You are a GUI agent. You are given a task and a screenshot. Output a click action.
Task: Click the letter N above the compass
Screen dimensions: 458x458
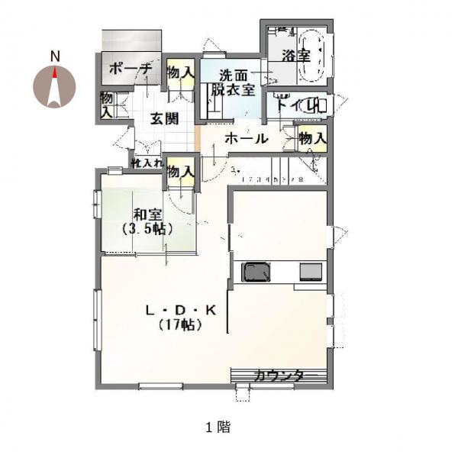tap(55, 56)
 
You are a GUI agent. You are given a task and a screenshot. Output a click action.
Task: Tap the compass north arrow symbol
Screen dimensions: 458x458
tap(55, 86)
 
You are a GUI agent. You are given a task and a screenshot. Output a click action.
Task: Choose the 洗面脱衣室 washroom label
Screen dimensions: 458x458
tap(234, 82)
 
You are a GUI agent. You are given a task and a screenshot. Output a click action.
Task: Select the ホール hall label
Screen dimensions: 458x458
tap(245, 139)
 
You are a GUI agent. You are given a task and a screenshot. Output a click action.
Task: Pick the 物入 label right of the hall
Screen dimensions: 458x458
tap(311, 138)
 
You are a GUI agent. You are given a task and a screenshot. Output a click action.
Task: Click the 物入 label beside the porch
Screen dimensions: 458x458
tap(179, 73)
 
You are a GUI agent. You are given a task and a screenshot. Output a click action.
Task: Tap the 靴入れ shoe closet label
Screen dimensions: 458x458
tap(147, 162)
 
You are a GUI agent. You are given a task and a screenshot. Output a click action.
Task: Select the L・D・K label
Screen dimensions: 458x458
tap(181, 310)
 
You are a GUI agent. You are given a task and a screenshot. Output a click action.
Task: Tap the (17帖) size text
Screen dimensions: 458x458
tap(181, 324)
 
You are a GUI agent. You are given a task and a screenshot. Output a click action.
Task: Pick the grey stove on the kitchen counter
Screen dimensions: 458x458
tap(311, 271)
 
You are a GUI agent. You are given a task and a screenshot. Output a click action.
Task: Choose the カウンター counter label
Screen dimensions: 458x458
tap(279, 376)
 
